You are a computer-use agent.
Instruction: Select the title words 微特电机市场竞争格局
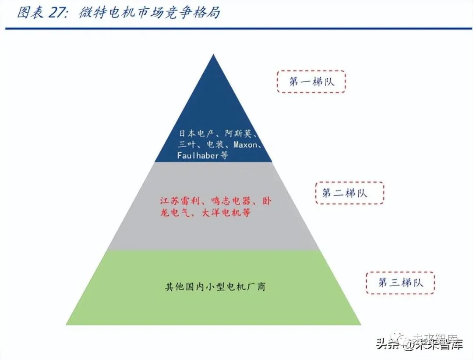(149, 13)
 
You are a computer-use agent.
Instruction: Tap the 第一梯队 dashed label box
(311, 82)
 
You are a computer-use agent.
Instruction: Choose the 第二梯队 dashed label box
(349, 193)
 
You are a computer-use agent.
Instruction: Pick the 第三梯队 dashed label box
(400, 282)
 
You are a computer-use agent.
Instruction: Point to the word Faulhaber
(198, 155)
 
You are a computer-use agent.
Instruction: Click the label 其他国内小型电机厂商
(215, 287)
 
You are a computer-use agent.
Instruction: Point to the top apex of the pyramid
(213, 55)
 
